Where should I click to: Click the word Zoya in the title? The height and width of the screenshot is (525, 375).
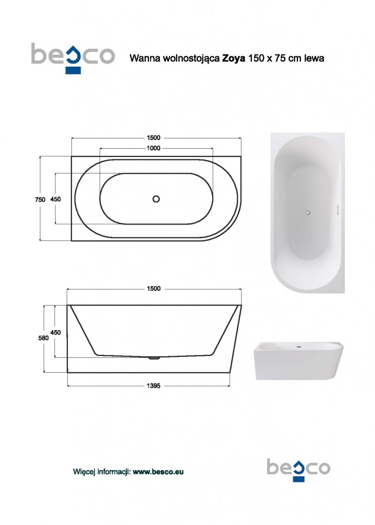pyautogui.click(x=233, y=58)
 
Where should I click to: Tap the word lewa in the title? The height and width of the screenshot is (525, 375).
pyautogui.click(x=314, y=58)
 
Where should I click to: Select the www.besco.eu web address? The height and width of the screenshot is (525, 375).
pyautogui.click(x=158, y=472)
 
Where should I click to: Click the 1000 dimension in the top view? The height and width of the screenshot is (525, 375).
pyautogui.click(x=153, y=148)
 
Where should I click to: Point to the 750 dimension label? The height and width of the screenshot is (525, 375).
pyautogui.click(x=40, y=199)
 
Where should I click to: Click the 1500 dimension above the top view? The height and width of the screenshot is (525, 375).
pyautogui.click(x=153, y=137)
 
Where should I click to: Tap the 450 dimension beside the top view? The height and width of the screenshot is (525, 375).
pyautogui.click(x=55, y=199)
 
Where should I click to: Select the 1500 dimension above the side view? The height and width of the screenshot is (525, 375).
pyautogui.click(x=154, y=289)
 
